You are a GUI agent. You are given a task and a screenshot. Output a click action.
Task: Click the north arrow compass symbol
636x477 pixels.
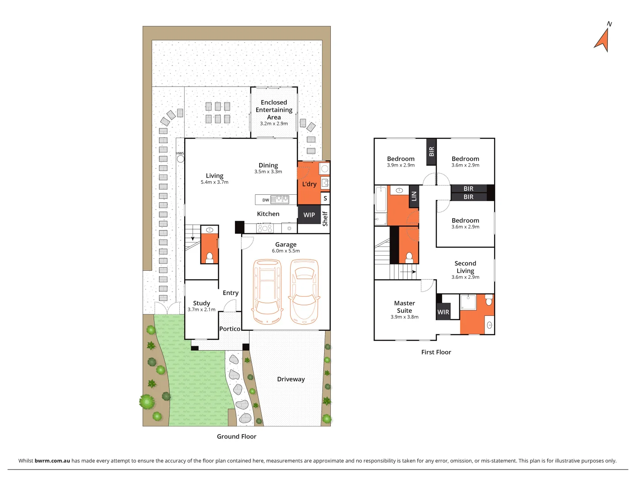[603, 39]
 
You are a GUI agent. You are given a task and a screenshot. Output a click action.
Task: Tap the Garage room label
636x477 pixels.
[286, 244]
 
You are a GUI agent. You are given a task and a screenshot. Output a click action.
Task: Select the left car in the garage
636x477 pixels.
[267, 291]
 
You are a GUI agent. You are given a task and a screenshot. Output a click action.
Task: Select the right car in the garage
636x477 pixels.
[304, 291]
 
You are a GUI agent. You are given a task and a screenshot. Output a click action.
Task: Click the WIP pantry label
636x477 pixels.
[309, 215]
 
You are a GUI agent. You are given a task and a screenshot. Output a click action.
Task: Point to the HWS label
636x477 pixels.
[180, 153]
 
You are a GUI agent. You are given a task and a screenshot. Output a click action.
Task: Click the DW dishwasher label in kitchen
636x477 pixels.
[265, 200]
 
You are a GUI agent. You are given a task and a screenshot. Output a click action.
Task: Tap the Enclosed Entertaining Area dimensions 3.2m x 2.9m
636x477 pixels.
[274, 124]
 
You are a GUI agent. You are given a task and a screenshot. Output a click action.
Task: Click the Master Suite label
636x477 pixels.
[405, 307]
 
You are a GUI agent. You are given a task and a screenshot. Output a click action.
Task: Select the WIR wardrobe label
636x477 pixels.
[443, 312]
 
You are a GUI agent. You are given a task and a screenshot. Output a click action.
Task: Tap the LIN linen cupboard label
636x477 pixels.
[414, 196]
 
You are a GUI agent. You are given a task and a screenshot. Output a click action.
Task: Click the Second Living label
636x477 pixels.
[465, 267]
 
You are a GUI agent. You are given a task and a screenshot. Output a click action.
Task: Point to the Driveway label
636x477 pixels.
[291, 379]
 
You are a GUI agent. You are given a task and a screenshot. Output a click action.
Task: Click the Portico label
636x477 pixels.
[230, 329]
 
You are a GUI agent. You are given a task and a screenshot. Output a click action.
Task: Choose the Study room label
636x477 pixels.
[201, 303]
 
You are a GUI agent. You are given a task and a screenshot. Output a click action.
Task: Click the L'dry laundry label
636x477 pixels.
[309, 184]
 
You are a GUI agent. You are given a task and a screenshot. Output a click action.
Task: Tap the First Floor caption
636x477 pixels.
[436, 352]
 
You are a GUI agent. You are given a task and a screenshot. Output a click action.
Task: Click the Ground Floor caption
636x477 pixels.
[236, 436]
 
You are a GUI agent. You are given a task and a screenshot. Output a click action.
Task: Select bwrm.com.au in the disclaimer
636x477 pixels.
[52, 461]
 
